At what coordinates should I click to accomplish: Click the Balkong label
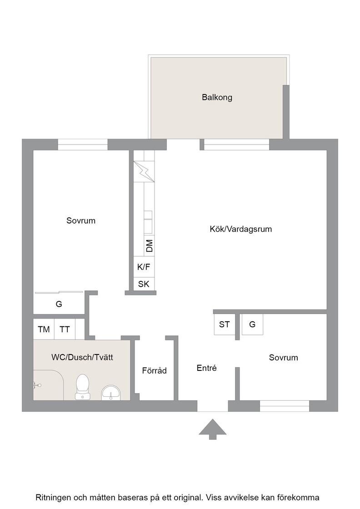(217, 97)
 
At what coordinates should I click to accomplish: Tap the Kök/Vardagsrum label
(240, 229)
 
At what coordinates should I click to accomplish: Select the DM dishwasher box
(150, 246)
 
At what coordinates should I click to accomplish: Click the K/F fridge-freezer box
(144, 267)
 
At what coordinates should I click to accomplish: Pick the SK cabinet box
(144, 284)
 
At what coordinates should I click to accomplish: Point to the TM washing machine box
(44, 329)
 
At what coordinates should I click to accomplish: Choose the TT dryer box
(65, 329)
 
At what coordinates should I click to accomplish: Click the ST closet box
(224, 324)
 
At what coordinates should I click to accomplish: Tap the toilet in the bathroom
(82, 387)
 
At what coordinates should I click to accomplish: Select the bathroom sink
(111, 393)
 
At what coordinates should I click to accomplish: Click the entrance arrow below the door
(213, 429)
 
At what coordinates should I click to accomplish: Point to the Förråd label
(154, 370)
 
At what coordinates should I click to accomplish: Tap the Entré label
(206, 368)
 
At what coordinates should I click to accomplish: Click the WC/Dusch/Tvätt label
(82, 357)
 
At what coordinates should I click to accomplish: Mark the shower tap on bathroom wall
(37, 385)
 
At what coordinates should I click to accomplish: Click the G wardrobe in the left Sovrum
(59, 304)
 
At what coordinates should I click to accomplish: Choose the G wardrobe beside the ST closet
(252, 324)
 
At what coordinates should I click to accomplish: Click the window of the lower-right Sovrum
(285, 406)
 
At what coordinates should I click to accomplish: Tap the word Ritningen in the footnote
(53, 497)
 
